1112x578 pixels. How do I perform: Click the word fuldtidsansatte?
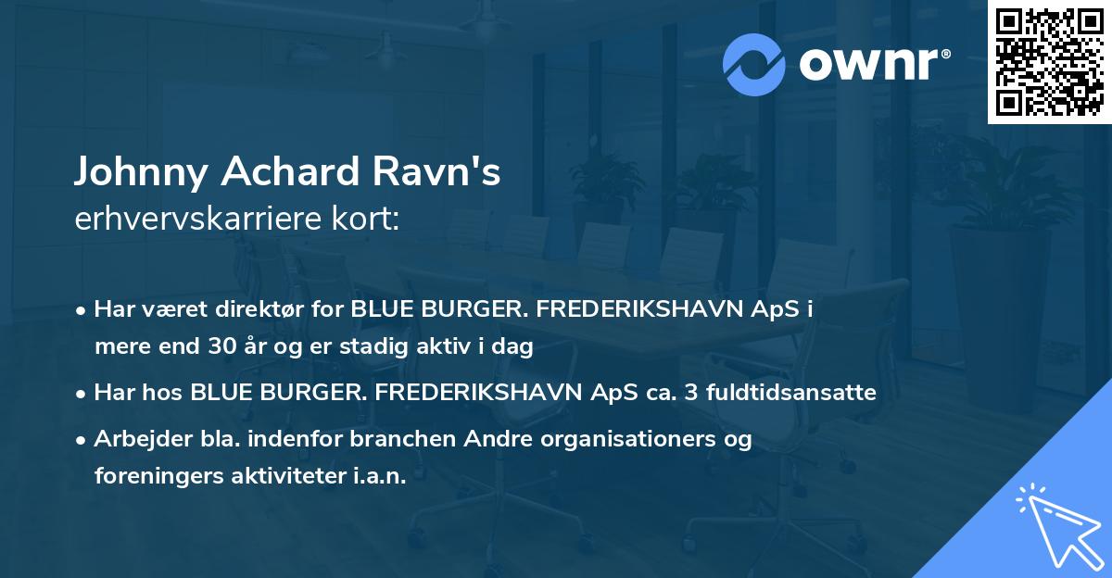tap(791, 393)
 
